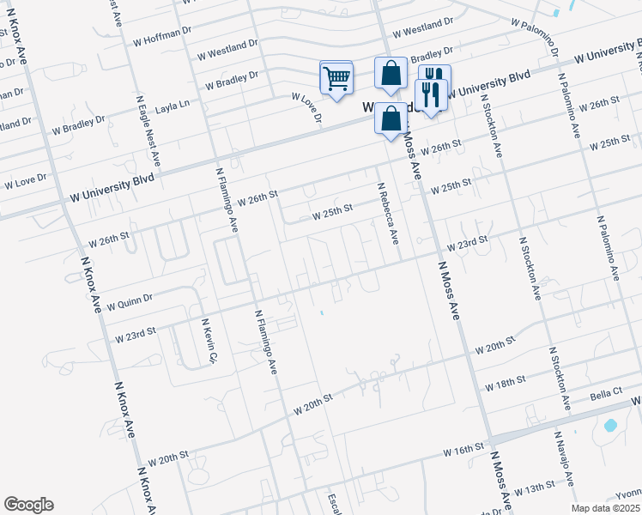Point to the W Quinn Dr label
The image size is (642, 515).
(x=129, y=303)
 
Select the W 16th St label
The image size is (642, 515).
(x=464, y=449)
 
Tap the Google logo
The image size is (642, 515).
(x=28, y=505)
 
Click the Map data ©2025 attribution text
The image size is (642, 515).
(x=606, y=508)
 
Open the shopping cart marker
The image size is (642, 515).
(x=336, y=78)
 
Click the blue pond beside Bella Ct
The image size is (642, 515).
(x=610, y=425)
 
